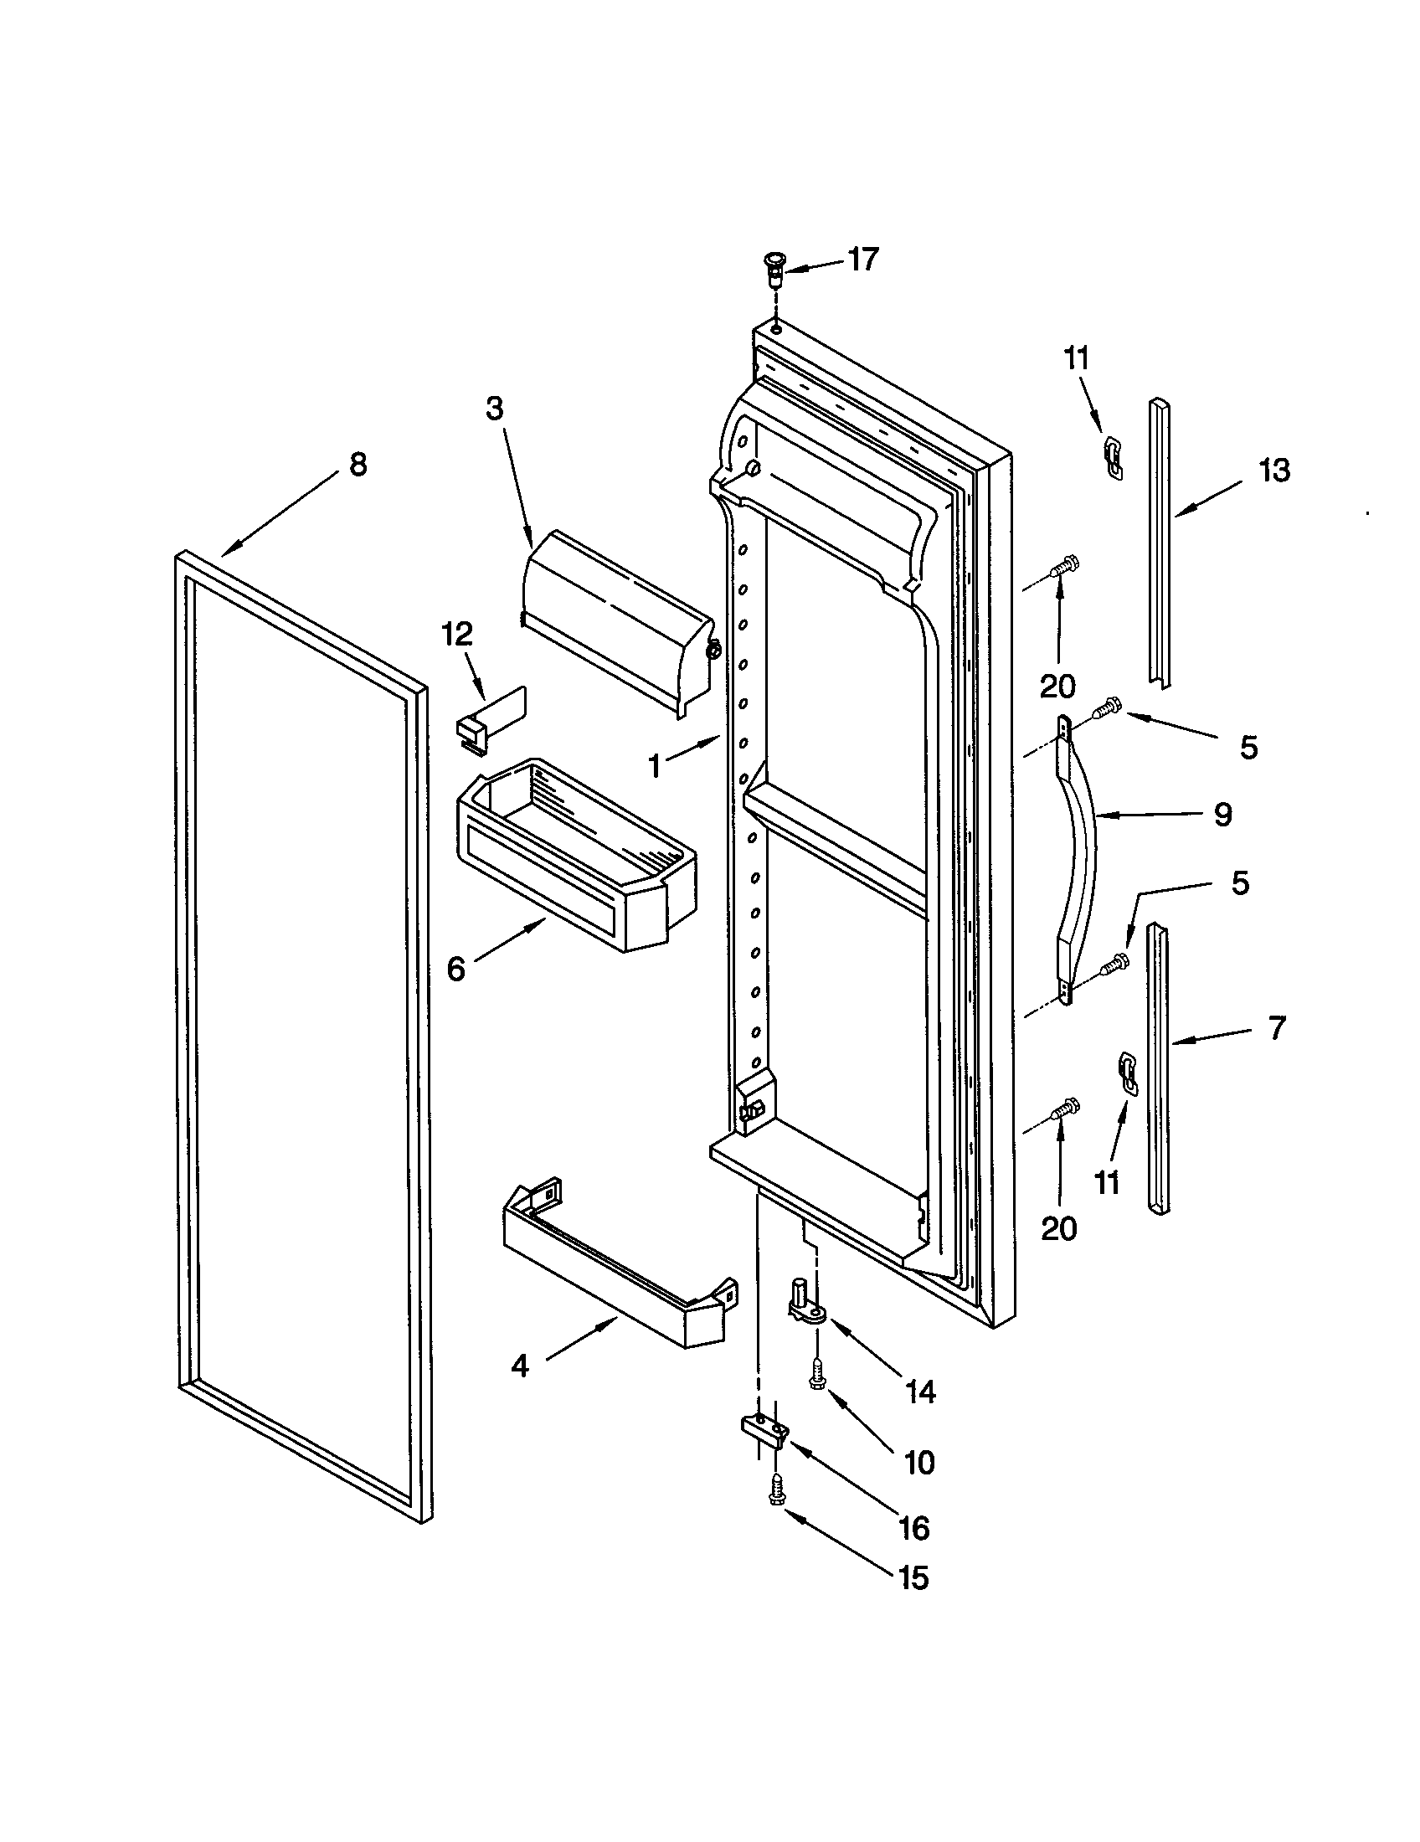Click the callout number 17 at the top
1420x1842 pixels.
[x=862, y=260]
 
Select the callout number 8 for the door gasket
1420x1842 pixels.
[x=358, y=465]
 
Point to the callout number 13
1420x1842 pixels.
[x=1274, y=471]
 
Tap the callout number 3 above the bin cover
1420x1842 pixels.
[x=494, y=409]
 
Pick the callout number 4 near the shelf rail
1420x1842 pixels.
[x=520, y=1366]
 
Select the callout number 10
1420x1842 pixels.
[x=918, y=1462]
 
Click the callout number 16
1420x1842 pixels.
[x=914, y=1527]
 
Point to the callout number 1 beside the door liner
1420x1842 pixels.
[x=655, y=766]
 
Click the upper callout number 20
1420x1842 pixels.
[x=1057, y=687]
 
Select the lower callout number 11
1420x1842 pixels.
[x=1106, y=1182]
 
